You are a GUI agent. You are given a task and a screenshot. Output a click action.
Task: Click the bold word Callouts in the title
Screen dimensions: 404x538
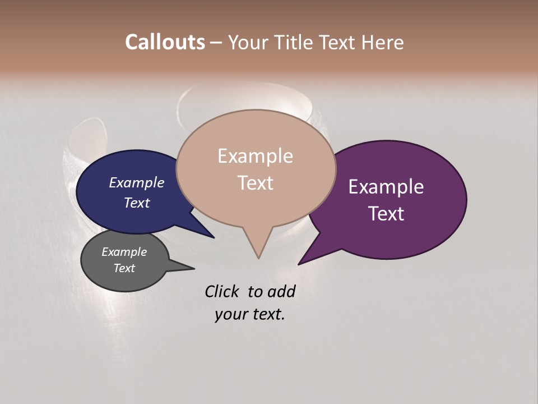(165, 42)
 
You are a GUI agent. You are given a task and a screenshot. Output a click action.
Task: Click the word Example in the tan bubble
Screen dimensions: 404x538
(255, 156)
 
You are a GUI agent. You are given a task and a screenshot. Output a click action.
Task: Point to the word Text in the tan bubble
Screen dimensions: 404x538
(255, 183)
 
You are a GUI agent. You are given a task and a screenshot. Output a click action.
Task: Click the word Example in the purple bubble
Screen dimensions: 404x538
(386, 187)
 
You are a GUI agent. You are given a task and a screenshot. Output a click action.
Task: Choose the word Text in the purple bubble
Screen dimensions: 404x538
(386, 214)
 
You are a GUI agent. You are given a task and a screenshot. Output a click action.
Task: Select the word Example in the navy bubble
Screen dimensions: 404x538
(137, 183)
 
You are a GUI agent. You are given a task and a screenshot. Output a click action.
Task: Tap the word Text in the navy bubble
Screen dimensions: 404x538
(137, 203)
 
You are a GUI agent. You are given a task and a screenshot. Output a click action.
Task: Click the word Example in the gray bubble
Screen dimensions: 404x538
(124, 252)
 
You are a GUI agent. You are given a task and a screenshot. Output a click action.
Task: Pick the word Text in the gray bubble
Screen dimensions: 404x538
(124, 268)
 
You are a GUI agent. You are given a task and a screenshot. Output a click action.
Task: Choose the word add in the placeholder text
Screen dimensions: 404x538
(281, 292)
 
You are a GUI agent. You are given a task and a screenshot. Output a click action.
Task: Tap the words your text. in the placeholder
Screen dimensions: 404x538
(250, 314)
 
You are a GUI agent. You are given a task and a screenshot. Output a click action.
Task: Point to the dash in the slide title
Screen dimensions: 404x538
(216, 42)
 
